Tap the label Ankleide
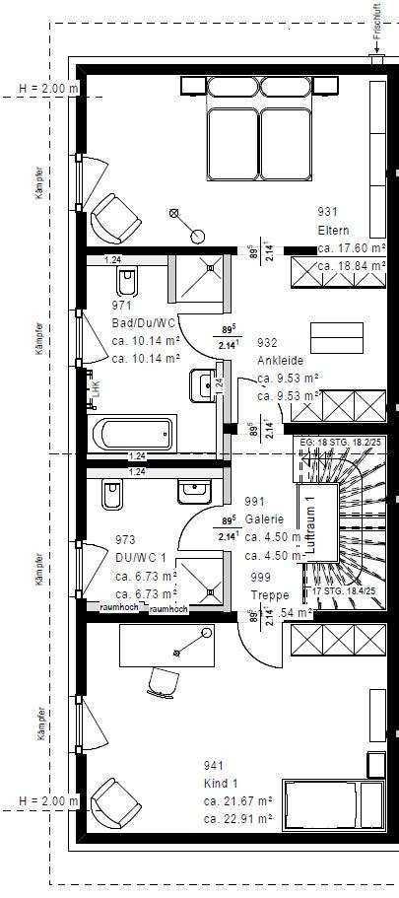(281, 360)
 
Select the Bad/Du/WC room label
(144, 323)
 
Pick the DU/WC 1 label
(139, 558)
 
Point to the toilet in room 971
(125, 284)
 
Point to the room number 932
(267, 343)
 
